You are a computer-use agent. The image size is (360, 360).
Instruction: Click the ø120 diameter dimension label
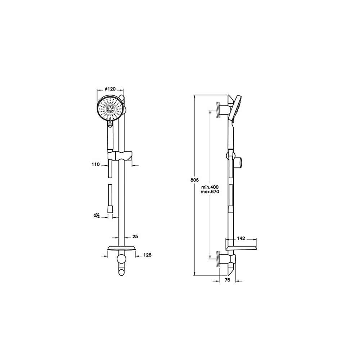(x=110, y=89)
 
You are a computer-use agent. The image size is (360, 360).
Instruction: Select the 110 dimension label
(x=95, y=165)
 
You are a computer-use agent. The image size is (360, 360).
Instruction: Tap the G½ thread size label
(x=96, y=215)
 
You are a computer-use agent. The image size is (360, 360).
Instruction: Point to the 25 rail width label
(x=135, y=237)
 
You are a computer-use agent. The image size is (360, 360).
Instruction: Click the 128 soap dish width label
(x=147, y=255)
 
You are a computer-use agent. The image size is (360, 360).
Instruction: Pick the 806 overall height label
(x=194, y=180)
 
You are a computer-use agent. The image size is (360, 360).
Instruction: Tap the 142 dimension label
(x=241, y=239)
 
